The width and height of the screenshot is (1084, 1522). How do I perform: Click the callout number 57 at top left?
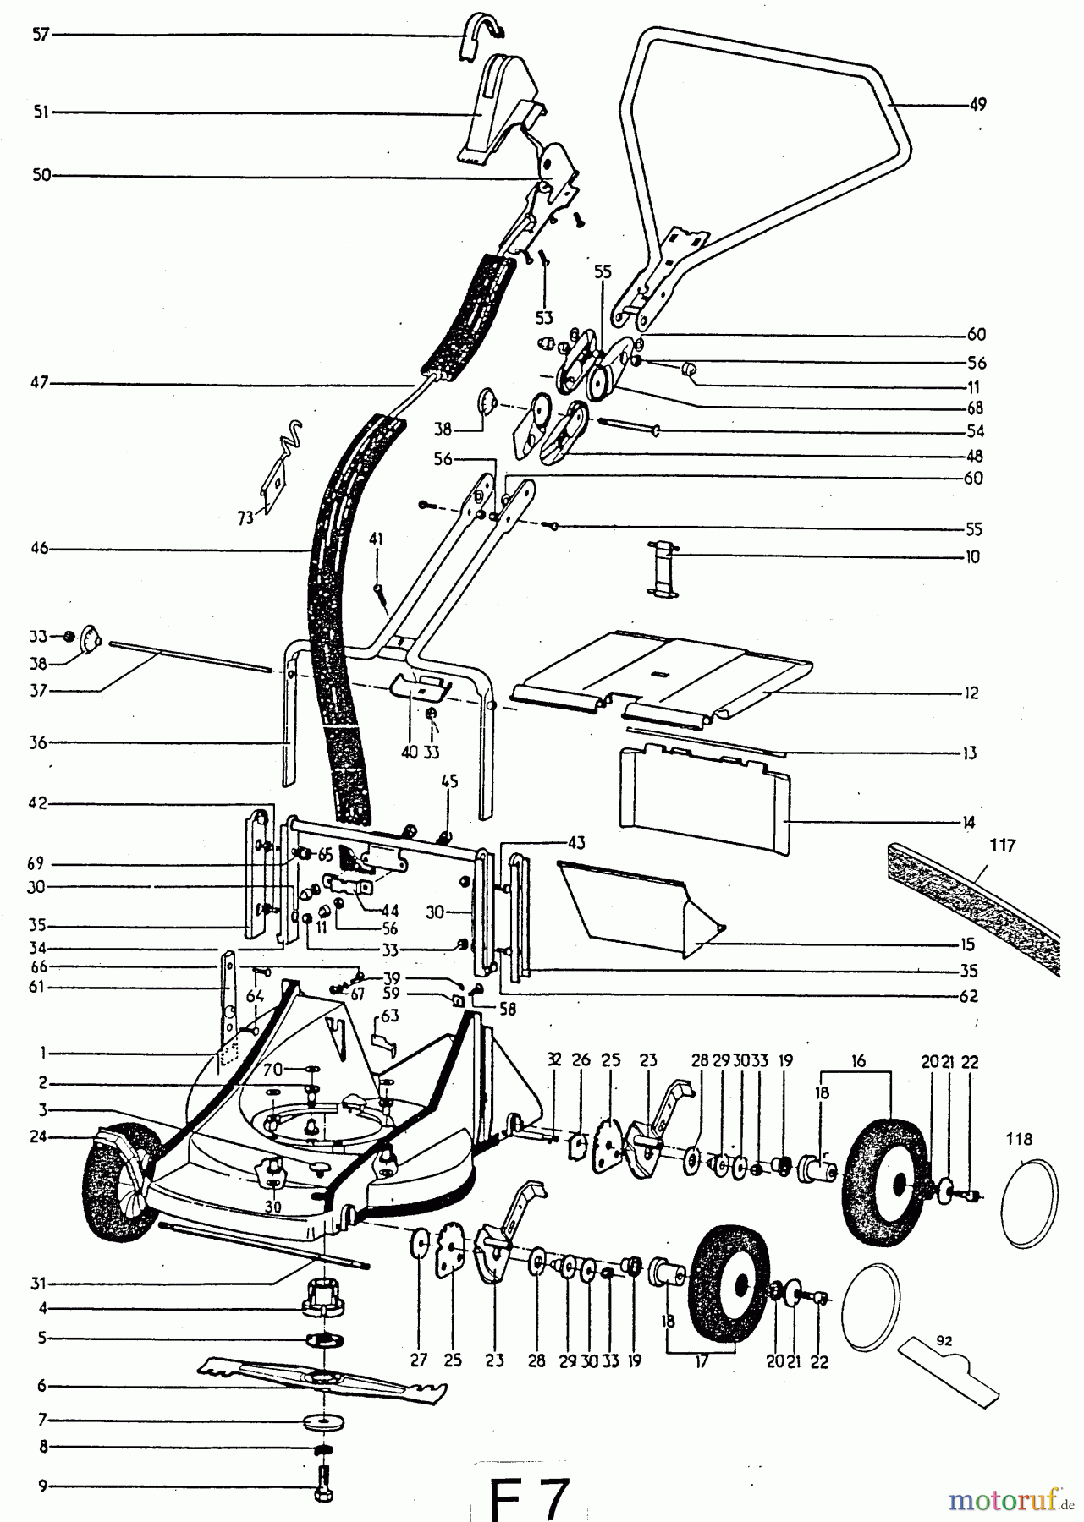[x=41, y=36]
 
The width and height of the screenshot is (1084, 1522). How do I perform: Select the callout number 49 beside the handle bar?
[x=978, y=105]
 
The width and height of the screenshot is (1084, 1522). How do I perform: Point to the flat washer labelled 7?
[x=322, y=1420]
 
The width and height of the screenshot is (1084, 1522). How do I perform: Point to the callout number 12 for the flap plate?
[x=971, y=693]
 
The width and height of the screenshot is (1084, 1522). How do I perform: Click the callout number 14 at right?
[x=969, y=822]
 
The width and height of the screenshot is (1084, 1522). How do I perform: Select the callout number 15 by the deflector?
[x=967, y=945]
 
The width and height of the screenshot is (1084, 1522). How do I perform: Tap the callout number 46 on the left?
[x=41, y=549]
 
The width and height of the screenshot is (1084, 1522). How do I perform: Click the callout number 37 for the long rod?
[x=41, y=691]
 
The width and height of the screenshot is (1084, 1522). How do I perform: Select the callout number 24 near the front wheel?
[x=41, y=1137]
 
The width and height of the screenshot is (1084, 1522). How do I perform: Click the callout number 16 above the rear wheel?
[x=859, y=1061]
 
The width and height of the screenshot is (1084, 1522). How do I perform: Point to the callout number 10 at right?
[x=972, y=557]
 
